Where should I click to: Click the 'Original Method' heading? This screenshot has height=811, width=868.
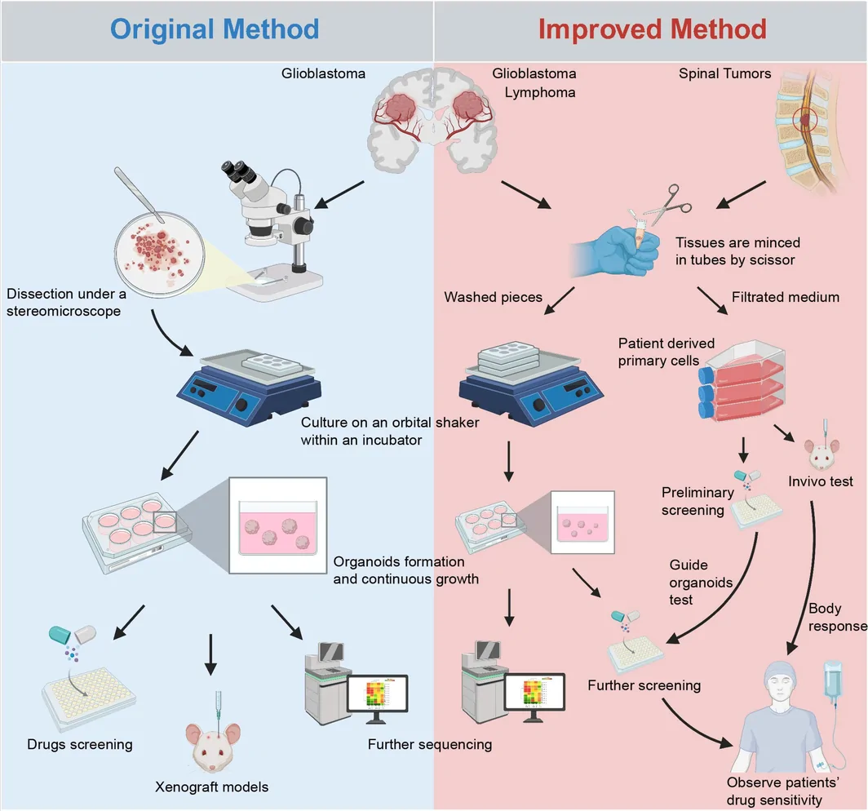click(x=215, y=29)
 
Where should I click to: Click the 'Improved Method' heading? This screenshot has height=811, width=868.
click(x=652, y=29)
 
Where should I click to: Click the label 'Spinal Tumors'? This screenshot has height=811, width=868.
click(x=724, y=73)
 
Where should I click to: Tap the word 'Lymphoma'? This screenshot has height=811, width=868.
click(x=540, y=92)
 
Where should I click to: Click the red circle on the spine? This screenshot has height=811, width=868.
click(x=805, y=120)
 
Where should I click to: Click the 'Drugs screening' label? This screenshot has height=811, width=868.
click(x=80, y=745)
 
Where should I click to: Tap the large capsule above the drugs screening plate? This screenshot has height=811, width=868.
click(x=73, y=634)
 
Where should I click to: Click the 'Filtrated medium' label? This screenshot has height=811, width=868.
click(x=785, y=297)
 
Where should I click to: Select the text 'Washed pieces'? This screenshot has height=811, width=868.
click(x=493, y=297)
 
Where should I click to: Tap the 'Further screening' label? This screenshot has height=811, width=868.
click(x=644, y=685)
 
